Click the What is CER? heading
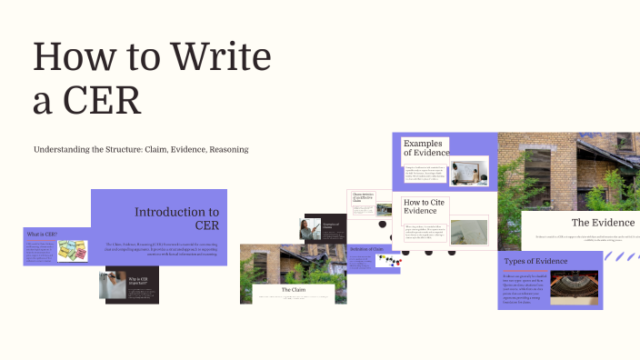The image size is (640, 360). (41, 234)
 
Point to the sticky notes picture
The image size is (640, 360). (72, 250)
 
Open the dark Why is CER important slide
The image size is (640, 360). (132, 284)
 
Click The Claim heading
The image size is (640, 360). (293, 289)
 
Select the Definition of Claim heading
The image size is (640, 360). (364, 248)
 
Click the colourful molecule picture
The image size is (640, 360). (388, 261)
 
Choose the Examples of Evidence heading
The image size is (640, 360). (425, 148)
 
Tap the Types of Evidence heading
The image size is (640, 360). (535, 262)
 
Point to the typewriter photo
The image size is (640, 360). (574, 285)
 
